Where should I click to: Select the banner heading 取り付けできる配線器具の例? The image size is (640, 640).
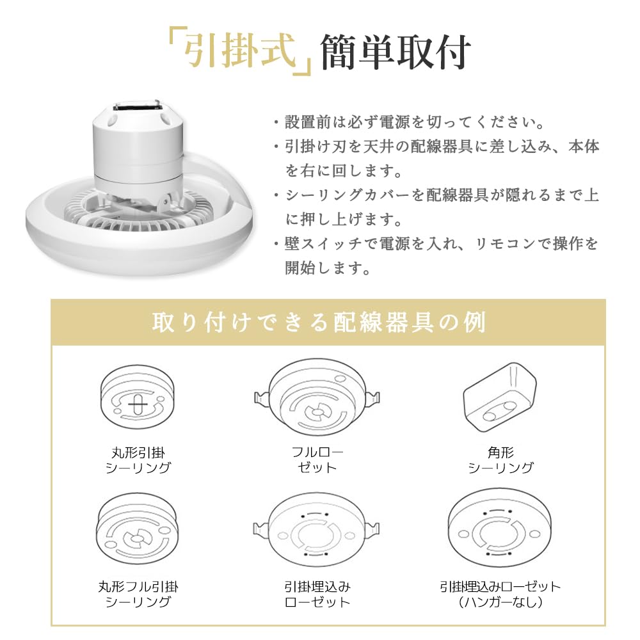tap(319, 322)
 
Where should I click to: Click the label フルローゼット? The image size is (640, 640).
tap(317, 460)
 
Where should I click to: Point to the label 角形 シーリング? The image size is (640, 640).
tap(500, 460)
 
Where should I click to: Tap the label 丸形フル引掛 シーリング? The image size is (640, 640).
tap(138, 594)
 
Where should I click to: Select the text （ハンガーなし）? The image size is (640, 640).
tap(500, 602)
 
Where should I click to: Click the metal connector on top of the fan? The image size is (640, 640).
tap(135, 107)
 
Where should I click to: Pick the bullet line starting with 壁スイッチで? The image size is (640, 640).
tap(435, 244)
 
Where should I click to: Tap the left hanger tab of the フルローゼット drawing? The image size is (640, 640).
tap(260, 399)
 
